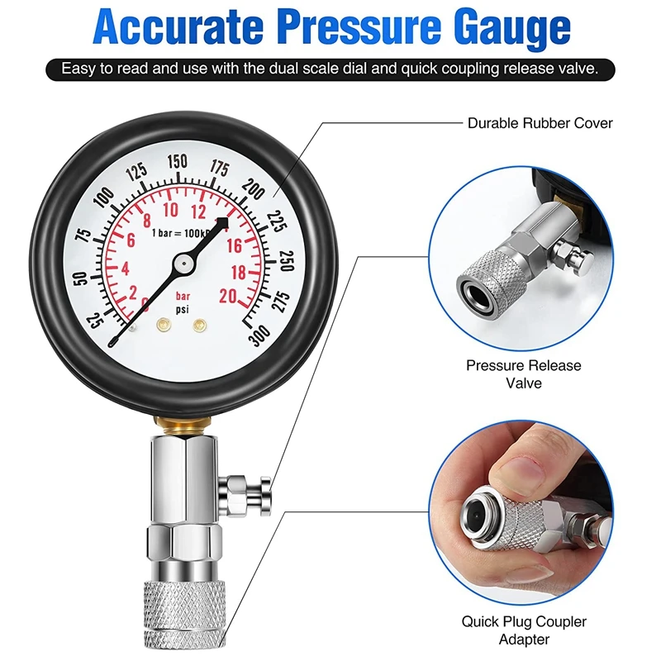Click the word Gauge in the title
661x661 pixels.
tap(511, 29)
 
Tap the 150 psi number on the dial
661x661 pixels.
tap(177, 161)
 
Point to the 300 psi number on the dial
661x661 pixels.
tap(259, 335)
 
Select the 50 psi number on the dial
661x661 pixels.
tap(80, 278)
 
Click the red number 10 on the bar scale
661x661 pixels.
tap(171, 210)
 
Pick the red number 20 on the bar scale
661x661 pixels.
tap(228, 296)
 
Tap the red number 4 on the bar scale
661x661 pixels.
tap(126, 269)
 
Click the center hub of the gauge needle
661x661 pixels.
tap(184, 264)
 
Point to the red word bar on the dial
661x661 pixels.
tap(183, 296)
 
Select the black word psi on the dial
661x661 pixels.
tap(182, 310)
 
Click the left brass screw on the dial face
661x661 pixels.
tap(164, 325)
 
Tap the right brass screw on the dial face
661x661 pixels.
tap(199, 325)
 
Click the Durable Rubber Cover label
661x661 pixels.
tap(540, 123)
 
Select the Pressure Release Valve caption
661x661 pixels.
tap(524, 374)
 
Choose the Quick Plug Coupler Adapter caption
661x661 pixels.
tap(524, 630)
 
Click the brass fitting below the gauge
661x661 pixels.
tap(182, 426)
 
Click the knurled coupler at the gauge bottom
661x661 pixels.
tap(184, 614)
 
